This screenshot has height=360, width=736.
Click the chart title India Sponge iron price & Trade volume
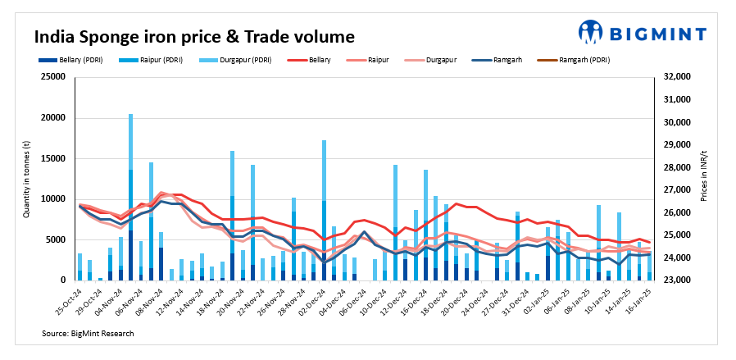pos(194,37)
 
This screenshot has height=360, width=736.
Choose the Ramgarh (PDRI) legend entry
pos(581,60)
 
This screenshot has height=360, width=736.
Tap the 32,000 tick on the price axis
pos(676,77)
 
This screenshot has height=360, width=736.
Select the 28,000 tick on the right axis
pos(676,167)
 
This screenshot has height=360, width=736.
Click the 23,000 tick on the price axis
pos(676,280)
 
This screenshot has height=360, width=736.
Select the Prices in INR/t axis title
pos(704,179)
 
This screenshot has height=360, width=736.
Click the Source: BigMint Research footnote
pos(88,334)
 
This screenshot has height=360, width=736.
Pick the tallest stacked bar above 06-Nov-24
pos(130,197)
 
